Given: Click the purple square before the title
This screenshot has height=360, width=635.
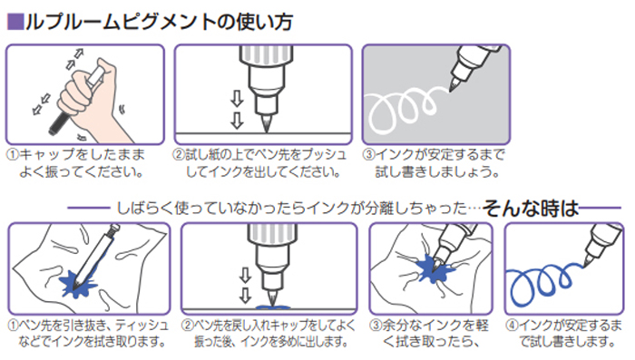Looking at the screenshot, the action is point(15,22).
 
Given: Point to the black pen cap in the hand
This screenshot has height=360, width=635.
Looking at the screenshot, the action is point(60,122).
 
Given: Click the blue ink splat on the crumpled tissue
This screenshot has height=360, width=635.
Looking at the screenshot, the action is point(435,269).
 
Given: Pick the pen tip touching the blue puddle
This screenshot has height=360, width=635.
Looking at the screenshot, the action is point(271,298).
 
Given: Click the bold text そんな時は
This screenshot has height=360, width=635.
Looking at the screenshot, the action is point(531,209).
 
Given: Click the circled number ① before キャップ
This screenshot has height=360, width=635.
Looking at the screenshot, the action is point(13,155).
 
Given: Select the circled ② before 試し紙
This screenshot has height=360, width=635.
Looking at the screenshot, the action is point(179,155).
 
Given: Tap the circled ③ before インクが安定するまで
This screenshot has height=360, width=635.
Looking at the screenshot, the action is point(368,155).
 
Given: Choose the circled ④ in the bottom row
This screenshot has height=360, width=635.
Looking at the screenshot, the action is point(512,326).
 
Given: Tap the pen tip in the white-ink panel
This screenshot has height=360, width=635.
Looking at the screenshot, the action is point(454,85).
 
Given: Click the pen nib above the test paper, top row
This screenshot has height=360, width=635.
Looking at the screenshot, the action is point(266,122).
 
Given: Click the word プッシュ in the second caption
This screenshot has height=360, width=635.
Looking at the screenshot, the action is point(324,155).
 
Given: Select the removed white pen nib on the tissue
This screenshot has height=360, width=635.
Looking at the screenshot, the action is point(94,255).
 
